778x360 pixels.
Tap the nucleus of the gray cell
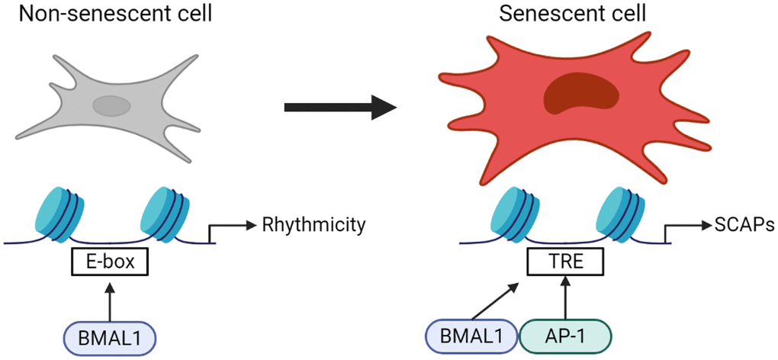[112, 104]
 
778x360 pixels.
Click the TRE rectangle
[566, 263]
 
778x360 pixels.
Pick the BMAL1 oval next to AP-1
[471, 336]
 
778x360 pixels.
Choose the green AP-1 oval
[565, 336]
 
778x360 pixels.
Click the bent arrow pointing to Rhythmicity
[229, 227]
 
